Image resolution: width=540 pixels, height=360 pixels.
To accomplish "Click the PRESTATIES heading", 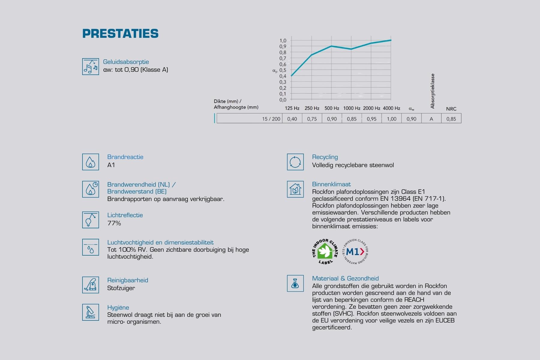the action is pos(120,34).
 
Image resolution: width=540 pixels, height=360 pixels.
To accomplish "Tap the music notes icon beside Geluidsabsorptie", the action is pos(91,67).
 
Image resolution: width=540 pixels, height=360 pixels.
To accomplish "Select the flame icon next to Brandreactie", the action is pos(91,162).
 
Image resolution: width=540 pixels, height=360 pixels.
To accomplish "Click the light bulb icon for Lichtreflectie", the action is pos(91,220).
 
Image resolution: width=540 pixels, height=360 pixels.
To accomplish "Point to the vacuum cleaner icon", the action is pos(91,285).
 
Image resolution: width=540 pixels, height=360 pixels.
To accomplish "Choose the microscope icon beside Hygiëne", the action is pos(91,312).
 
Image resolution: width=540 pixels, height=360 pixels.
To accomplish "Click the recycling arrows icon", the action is pos(295,162).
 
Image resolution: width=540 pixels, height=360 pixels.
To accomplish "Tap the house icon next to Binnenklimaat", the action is pos(295,189).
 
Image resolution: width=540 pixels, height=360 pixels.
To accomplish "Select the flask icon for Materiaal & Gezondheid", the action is pos(295,283).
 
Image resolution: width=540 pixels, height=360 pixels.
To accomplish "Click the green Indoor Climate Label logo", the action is pos(325,252).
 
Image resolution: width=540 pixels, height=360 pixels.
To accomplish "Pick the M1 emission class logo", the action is pos(355,252).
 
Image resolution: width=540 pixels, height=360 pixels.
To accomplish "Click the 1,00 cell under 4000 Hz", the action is pos(391,119).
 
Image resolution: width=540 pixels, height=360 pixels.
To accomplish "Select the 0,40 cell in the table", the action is pos(292,119).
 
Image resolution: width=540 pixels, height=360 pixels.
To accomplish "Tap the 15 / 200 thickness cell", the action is pos(250,119).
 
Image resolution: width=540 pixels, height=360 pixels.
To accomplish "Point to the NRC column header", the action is pos(451,109).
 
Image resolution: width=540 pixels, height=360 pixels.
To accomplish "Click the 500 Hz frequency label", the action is pos(332,108).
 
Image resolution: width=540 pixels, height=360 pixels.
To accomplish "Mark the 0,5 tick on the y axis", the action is pos(283,70).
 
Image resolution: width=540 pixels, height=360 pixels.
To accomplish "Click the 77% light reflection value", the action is pos(114,223).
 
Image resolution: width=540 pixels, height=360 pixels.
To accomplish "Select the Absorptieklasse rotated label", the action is pos(432,91).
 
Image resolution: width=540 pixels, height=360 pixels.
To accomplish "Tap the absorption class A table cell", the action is pos(431,119).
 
